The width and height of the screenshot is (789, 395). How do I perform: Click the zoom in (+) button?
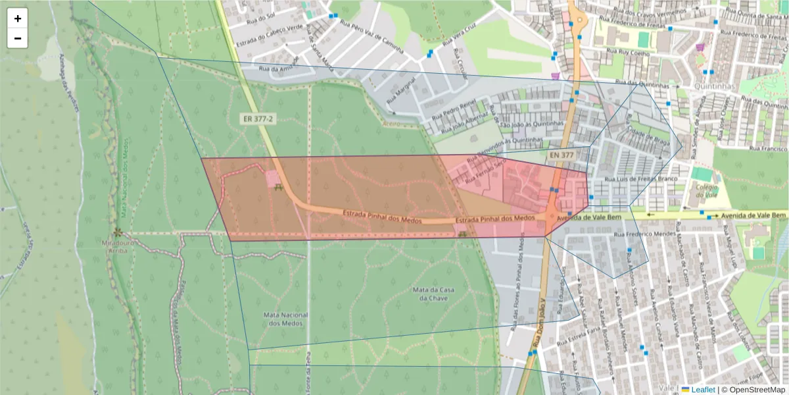coord(18,18)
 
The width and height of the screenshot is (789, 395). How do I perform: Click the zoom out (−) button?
coord(18,38)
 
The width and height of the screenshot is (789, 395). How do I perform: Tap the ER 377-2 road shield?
coord(257,119)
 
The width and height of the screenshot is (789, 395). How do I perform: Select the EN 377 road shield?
coord(561,155)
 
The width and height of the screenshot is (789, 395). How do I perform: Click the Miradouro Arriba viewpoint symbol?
coord(118,232)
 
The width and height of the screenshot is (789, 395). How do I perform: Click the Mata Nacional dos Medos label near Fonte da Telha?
coord(285,319)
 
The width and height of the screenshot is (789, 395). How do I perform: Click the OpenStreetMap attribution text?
coord(757,390)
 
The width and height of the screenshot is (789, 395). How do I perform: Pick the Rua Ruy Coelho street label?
coord(628,53)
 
